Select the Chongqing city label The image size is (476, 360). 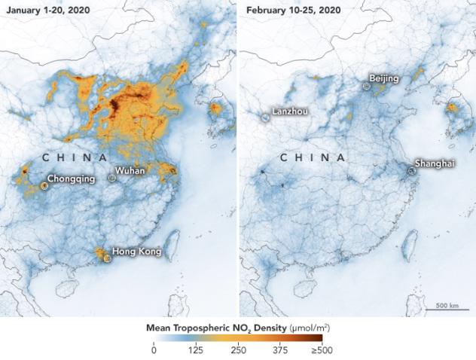click(71, 180)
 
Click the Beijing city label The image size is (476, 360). click(383, 78)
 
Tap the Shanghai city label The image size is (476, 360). click(435, 163)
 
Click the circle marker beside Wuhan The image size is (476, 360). click(112, 178)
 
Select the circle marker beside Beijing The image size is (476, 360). click(366, 86)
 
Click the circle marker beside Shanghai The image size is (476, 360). click(412, 171)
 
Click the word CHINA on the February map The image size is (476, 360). click(313, 157)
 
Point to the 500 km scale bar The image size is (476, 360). click(444, 307)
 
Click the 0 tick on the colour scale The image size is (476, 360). click(154, 350)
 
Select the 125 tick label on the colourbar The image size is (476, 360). click(197, 350)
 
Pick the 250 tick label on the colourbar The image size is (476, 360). click(239, 350)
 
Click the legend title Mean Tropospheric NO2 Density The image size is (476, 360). click(237, 328)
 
